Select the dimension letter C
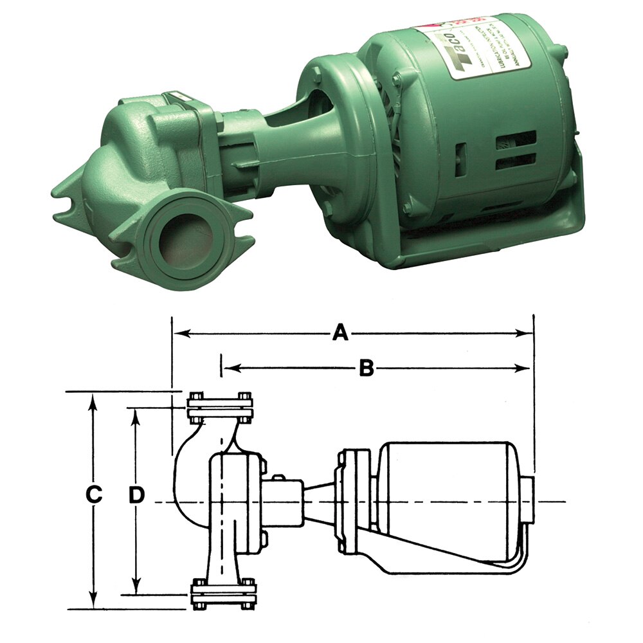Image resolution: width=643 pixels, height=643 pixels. [x=94, y=496]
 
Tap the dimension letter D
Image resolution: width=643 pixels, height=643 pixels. [x=136, y=496]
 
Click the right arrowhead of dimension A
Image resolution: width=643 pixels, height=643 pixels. [x=527, y=333]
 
